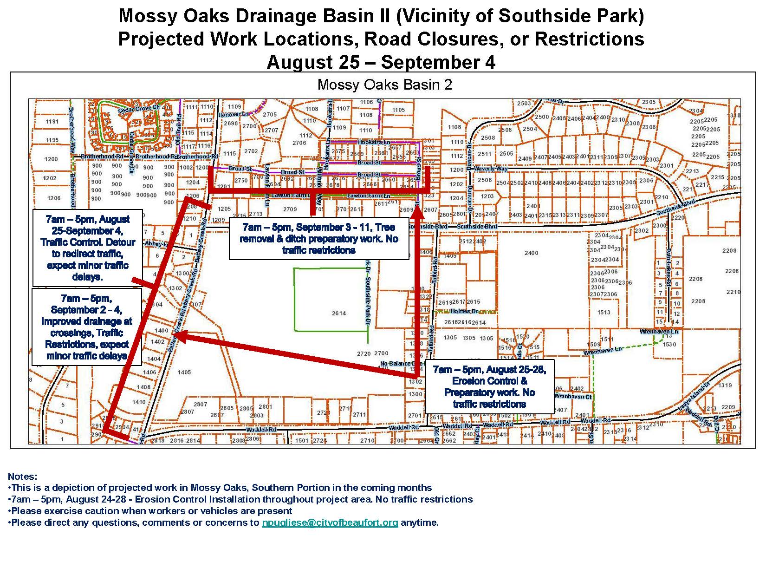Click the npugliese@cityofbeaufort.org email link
pyautogui.click(x=330, y=523)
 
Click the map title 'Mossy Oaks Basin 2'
pyautogui.click(x=384, y=85)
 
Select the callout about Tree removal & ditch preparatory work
pyautogui.click(x=319, y=239)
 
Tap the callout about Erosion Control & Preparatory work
pyautogui.click(x=489, y=386)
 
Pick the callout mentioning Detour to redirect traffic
pyautogui.click(x=88, y=248)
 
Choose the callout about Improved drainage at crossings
pyautogui.click(x=87, y=327)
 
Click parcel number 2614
pyautogui.click(x=339, y=314)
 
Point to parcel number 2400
pyautogui.click(x=531, y=253)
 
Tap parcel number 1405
pyautogui.click(x=184, y=372)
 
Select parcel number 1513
pyautogui.click(x=604, y=313)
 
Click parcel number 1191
pyautogui.click(x=52, y=122)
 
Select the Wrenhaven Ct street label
pyautogui.click(x=573, y=397)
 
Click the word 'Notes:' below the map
pyautogui.click(x=22, y=477)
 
